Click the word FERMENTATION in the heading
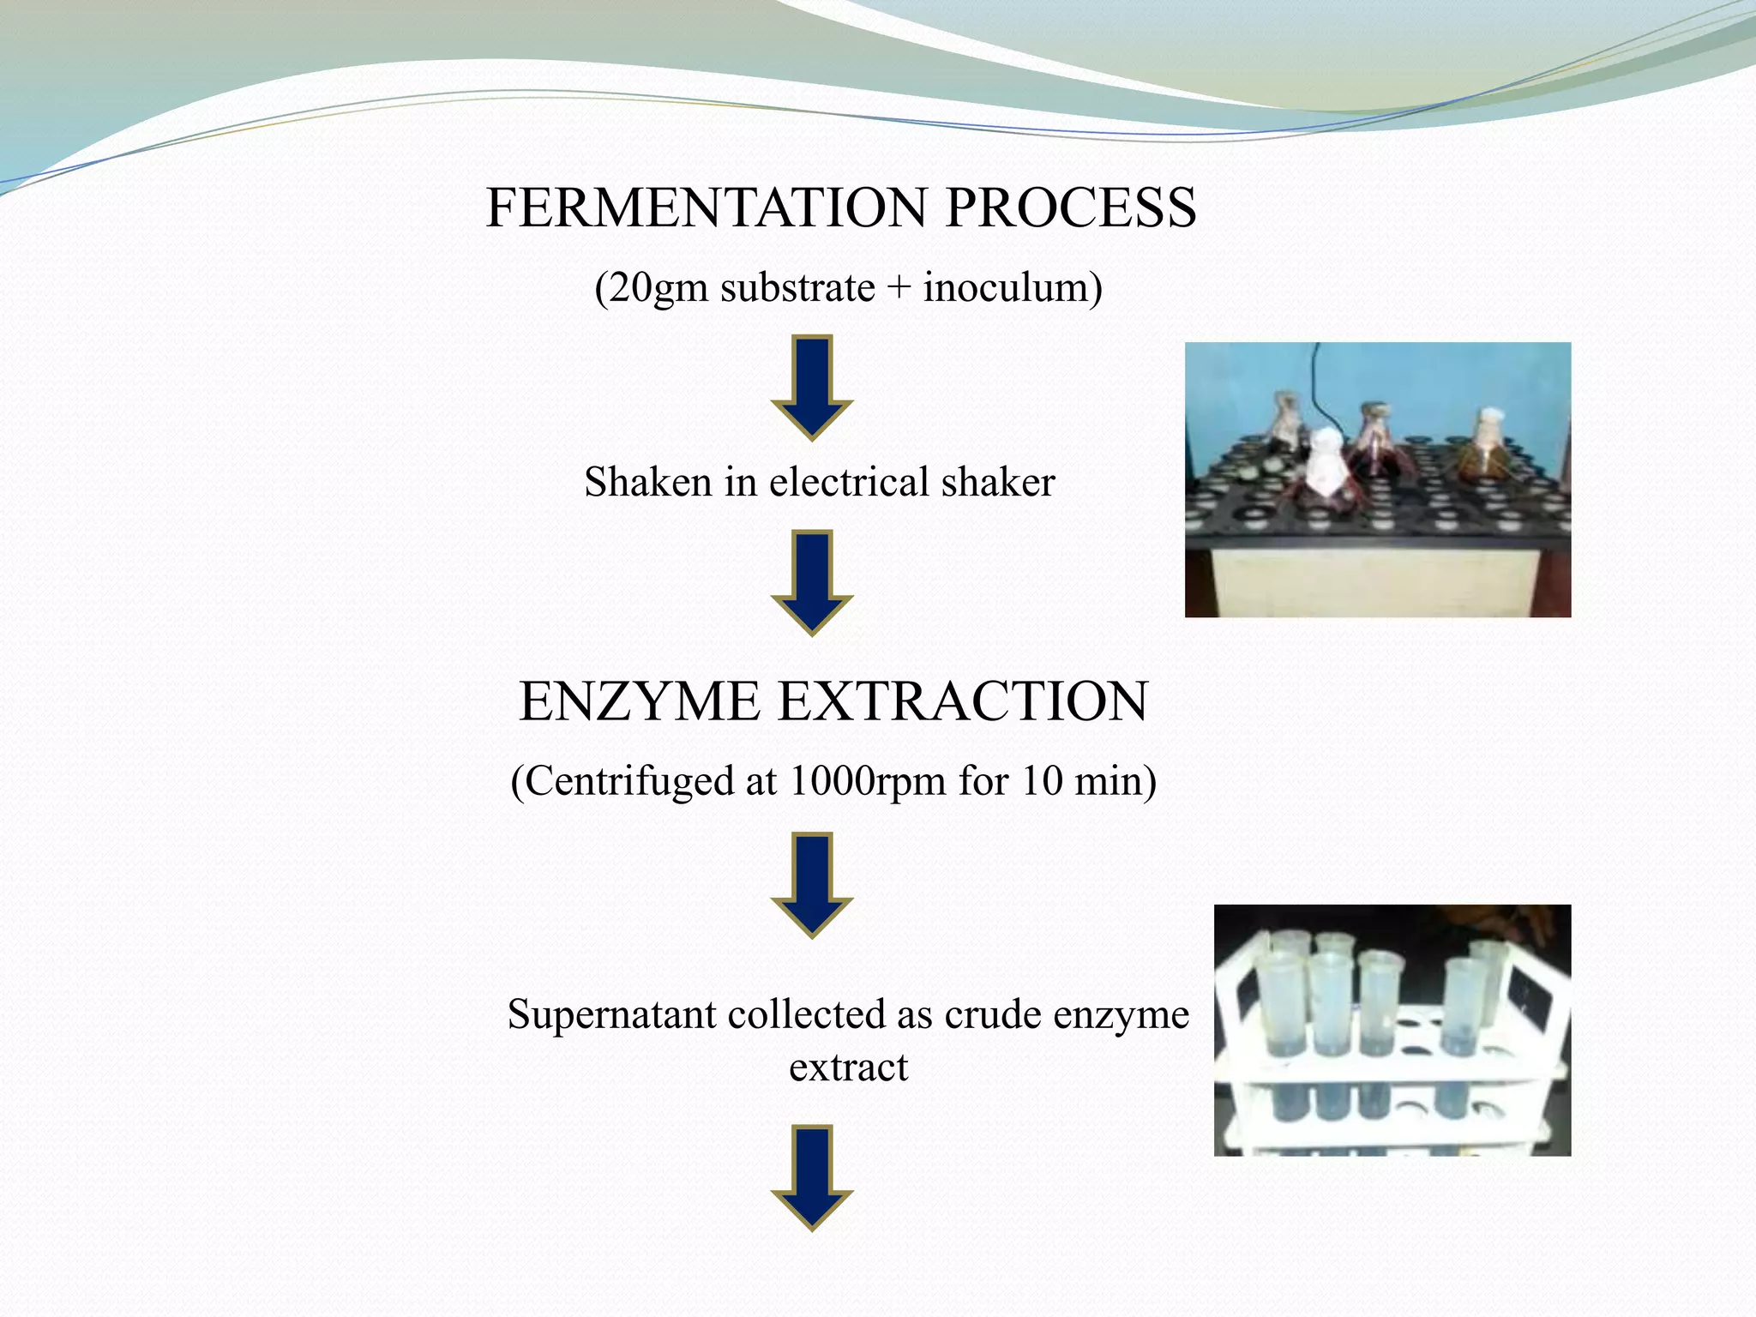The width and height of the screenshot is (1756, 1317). point(706,208)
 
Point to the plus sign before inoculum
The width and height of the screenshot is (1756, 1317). point(898,288)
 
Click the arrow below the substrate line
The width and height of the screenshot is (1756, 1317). point(812,386)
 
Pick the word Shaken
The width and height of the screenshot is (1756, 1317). point(649,482)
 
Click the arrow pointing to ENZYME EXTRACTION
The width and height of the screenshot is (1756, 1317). point(812,581)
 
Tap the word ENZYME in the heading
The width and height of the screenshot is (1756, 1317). point(640,701)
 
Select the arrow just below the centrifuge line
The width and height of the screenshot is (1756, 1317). point(812,883)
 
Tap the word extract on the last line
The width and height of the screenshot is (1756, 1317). point(848,1068)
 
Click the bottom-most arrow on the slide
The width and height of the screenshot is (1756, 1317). point(812,1176)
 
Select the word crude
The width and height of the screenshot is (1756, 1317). point(994,1015)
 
